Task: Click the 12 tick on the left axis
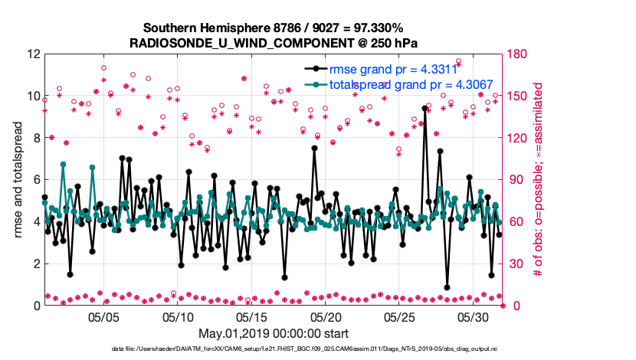click(x=32, y=55)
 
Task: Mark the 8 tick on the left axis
click(x=35, y=139)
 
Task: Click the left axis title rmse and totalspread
click(x=18, y=180)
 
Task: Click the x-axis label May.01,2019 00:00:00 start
click(x=274, y=333)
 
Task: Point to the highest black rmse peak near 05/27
click(x=425, y=108)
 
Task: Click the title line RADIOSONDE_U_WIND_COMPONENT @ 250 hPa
click(x=274, y=41)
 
